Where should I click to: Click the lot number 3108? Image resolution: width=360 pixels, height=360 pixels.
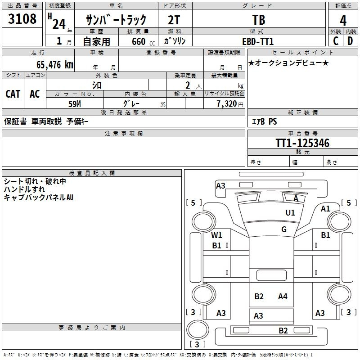click(22, 18)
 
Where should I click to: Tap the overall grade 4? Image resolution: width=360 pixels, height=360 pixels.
click(343, 20)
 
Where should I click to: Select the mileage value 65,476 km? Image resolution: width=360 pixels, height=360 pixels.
click(55, 65)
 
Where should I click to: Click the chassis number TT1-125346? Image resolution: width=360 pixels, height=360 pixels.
click(302, 143)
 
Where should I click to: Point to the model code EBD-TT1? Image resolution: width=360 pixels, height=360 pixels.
click(258, 41)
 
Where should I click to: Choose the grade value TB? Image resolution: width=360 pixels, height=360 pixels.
click(259, 20)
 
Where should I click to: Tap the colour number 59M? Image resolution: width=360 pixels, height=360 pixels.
click(75, 104)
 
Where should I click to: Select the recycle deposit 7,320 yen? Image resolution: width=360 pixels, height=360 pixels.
click(230, 104)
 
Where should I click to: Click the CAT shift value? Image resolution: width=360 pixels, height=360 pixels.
click(13, 94)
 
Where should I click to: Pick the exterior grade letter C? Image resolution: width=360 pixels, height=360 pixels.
click(336, 41)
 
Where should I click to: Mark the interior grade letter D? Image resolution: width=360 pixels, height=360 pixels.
click(350, 41)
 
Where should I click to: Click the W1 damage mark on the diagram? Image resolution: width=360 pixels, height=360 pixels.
click(216, 235)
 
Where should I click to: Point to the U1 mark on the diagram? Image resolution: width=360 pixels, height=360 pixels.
click(290, 212)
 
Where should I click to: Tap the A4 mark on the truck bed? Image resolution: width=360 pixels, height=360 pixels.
click(283, 297)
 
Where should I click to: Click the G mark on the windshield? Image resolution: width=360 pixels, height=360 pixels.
click(284, 229)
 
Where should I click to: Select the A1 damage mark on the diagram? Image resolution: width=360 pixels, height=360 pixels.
click(325, 209)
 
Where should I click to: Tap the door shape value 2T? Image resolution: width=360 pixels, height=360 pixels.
click(174, 20)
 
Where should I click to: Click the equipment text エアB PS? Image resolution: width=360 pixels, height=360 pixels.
click(265, 121)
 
